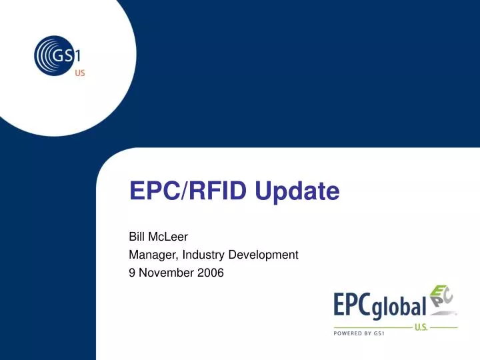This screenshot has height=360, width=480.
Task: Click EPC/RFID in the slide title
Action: click(186, 191)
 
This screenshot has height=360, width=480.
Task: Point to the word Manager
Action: click(151, 254)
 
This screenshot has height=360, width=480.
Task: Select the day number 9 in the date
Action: click(131, 272)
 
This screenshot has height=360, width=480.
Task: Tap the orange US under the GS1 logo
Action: click(79, 72)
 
